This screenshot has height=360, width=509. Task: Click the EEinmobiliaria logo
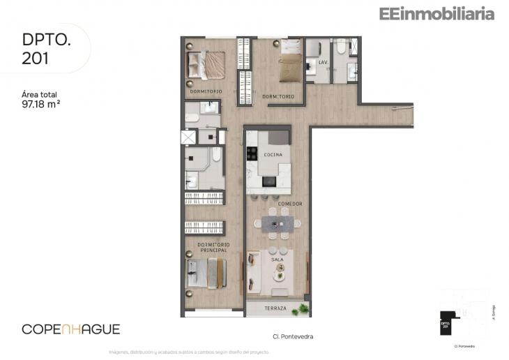(436, 13)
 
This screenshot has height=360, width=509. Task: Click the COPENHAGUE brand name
(70, 329)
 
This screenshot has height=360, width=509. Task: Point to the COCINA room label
(272, 154)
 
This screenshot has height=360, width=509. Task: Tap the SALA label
(278, 259)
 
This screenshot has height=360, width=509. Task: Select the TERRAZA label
(276, 308)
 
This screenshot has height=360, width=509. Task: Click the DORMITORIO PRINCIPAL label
(213, 247)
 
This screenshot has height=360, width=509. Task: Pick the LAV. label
(323, 63)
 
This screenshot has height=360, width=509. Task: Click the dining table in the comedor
(278, 224)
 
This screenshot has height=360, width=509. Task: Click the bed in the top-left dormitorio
(206, 65)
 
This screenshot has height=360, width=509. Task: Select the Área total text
(39, 94)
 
